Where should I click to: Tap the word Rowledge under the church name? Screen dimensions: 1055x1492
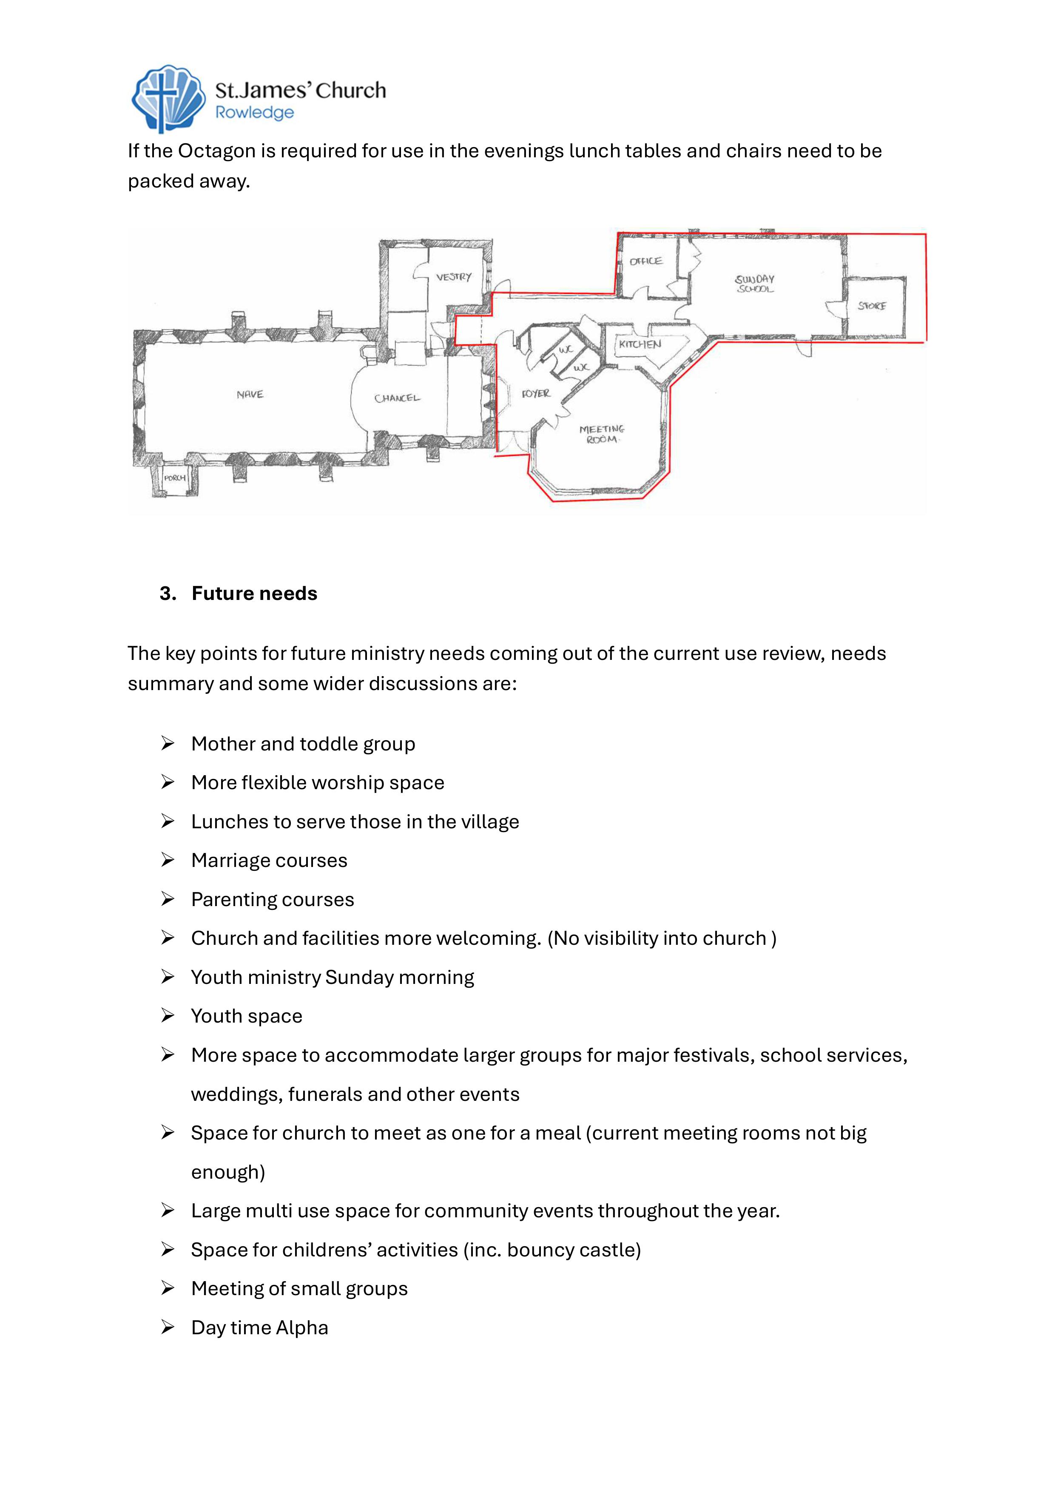255,113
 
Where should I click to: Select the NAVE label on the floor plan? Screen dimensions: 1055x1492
250,395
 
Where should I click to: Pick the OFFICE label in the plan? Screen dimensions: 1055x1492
646,261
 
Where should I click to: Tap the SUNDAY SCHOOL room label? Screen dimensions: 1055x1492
755,284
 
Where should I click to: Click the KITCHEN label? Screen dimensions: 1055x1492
640,344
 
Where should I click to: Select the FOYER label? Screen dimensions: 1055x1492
536,394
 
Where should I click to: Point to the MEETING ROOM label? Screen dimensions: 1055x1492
602,434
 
